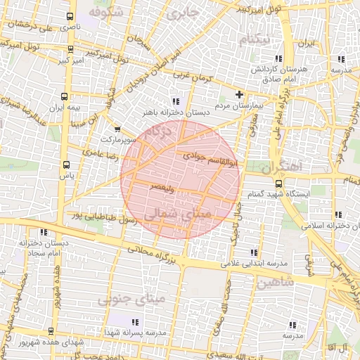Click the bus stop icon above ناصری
(x=68, y=16)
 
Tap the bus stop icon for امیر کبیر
(x=70, y=49)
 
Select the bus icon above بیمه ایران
(x=65, y=97)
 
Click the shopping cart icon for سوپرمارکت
(x=117, y=129)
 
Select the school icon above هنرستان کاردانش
(x=279, y=59)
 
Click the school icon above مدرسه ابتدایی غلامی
(x=254, y=252)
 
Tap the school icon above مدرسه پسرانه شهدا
(x=155, y=321)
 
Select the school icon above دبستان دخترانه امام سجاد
(x=44, y=232)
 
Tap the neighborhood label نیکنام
(x=254, y=39)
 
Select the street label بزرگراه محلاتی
(x=155, y=251)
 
